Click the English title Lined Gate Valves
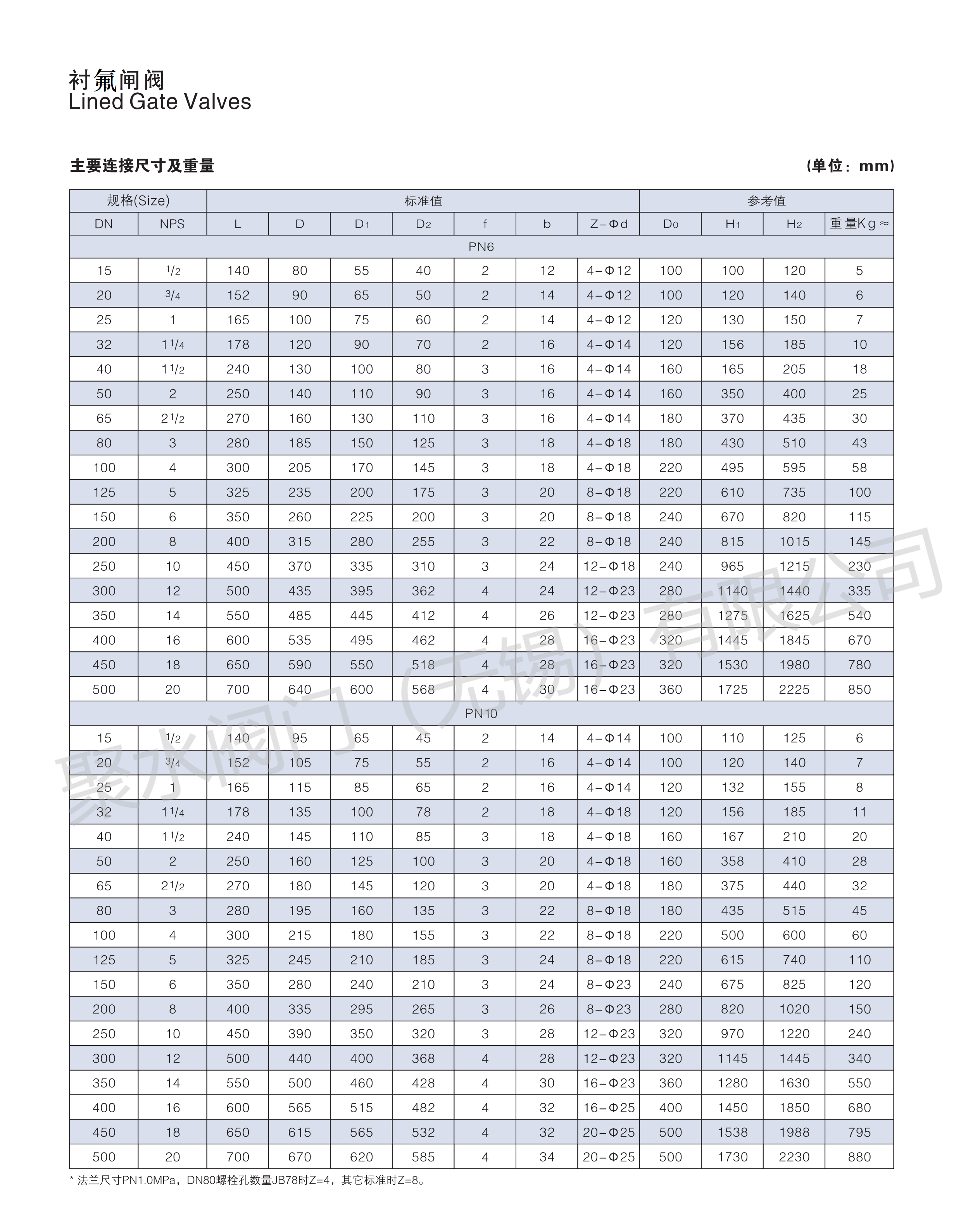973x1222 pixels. tap(159, 102)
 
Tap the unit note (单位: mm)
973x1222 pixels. tap(850, 166)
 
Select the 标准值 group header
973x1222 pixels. tap(423, 201)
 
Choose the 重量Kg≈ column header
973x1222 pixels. tap(859, 224)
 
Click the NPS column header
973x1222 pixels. tap(172, 224)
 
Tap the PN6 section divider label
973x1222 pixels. tap(481, 247)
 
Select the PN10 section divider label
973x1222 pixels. tap(481, 713)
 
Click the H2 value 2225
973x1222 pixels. tap(794, 689)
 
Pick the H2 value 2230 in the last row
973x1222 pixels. tap(794, 1157)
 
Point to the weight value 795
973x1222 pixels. tap(859, 1132)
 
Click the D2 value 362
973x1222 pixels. tap(423, 590)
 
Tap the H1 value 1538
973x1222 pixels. tap(732, 1132)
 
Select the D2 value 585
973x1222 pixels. tap(423, 1157)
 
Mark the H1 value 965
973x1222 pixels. tap(732, 566)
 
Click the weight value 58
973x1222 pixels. tap(859, 467)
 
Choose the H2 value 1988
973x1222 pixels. tap(794, 1132)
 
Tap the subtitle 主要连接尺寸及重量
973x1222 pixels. tap(142, 166)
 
